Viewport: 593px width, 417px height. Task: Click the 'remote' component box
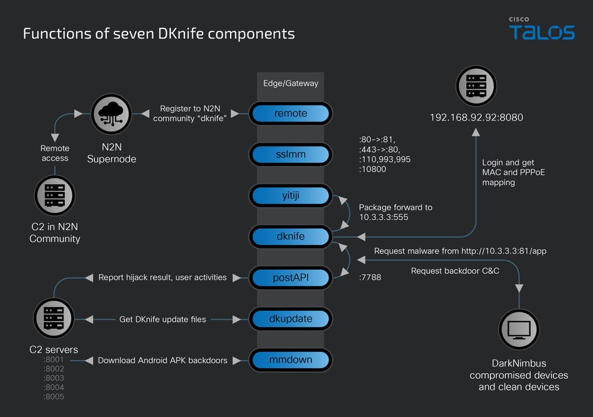coord(291,114)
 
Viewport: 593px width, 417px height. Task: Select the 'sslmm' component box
coord(291,155)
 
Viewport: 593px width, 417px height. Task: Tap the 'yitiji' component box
coord(291,195)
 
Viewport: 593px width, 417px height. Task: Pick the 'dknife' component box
coord(291,236)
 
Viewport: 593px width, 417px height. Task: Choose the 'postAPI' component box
coord(291,277)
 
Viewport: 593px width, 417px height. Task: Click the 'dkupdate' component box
coord(291,319)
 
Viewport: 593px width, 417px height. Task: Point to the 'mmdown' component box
coord(291,359)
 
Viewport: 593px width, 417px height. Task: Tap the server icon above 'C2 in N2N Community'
coord(55,195)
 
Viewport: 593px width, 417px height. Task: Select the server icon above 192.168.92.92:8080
coord(476,85)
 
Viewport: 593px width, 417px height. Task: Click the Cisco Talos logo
coord(541,29)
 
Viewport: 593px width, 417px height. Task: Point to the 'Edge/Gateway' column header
coord(291,83)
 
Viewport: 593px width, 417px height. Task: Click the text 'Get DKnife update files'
coord(162,319)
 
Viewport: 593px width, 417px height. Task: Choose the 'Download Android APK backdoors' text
coord(162,360)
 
